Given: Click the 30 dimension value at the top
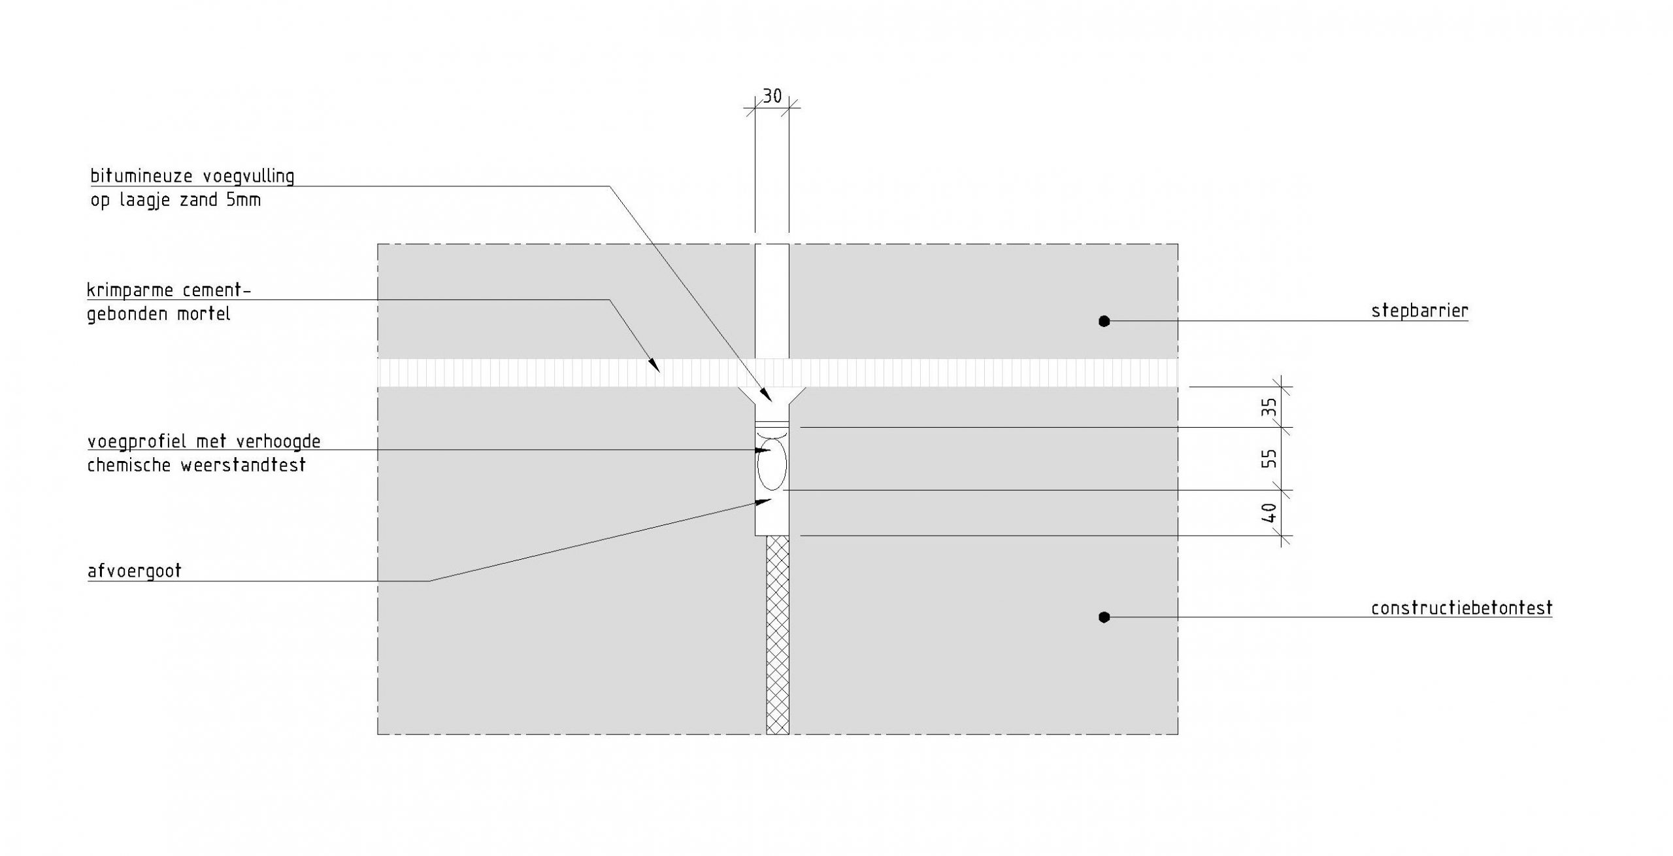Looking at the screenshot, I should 772,96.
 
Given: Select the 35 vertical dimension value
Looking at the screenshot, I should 1268,408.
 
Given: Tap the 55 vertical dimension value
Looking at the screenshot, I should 1268,458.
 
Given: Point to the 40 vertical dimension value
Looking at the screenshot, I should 1268,512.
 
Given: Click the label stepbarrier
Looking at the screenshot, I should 1419,311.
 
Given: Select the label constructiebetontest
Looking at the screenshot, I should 1461,608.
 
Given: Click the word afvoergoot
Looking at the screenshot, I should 134,571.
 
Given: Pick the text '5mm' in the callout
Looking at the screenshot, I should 243,200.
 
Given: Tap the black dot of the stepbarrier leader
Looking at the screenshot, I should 1104,321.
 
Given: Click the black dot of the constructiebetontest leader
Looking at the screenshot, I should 1104,617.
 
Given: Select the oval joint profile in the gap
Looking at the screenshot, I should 772,465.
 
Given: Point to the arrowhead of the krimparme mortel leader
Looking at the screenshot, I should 654,366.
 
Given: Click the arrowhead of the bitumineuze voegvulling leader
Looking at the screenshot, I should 767,395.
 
